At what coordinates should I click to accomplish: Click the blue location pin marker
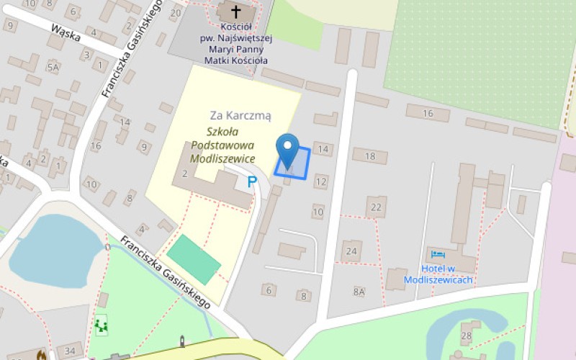288,150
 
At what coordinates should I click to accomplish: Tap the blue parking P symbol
252,182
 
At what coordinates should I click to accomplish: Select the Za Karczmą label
240,115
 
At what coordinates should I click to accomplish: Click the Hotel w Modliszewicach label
448,274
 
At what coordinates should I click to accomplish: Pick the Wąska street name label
65,31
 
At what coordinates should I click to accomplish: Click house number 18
370,156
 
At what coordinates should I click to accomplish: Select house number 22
375,207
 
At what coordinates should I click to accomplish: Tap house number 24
351,251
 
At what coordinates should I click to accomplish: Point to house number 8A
359,292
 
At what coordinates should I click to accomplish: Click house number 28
467,336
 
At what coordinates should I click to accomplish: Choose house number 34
70,351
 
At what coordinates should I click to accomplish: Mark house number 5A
53,68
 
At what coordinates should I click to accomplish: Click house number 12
321,181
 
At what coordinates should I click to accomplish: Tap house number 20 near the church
176,13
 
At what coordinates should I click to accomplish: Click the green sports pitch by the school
194,259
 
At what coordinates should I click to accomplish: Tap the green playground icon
101,326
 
